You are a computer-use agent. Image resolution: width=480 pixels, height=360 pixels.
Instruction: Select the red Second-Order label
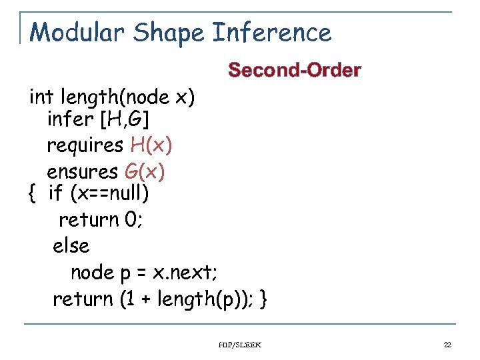click(295, 70)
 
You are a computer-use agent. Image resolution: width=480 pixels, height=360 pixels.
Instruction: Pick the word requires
click(85, 145)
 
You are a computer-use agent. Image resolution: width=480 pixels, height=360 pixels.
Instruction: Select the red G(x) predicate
click(144, 171)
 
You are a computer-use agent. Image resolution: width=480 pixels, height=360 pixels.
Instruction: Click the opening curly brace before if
click(32, 195)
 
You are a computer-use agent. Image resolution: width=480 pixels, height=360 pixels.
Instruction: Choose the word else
click(71, 246)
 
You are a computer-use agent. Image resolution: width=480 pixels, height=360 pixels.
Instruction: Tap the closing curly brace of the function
click(264, 299)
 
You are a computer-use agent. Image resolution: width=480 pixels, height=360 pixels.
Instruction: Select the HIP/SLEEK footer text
click(240, 345)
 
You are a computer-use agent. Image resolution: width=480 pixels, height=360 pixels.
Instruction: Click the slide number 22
click(447, 345)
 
